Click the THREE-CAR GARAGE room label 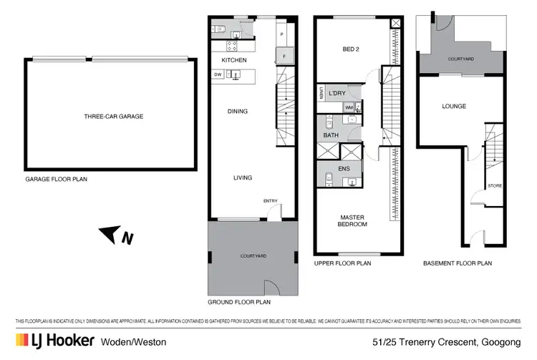coord(113,117)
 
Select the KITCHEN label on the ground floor coord(233,60)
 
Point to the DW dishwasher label coord(217,74)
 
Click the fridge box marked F coord(284,54)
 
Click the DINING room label coord(238,111)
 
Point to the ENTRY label coord(270,201)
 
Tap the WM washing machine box coord(349,107)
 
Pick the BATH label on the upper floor coord(331,135)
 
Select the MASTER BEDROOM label coord(353,220)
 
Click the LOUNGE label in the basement coord(454,107)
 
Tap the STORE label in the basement coord(494,186)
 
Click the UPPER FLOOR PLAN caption coord(342,263)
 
